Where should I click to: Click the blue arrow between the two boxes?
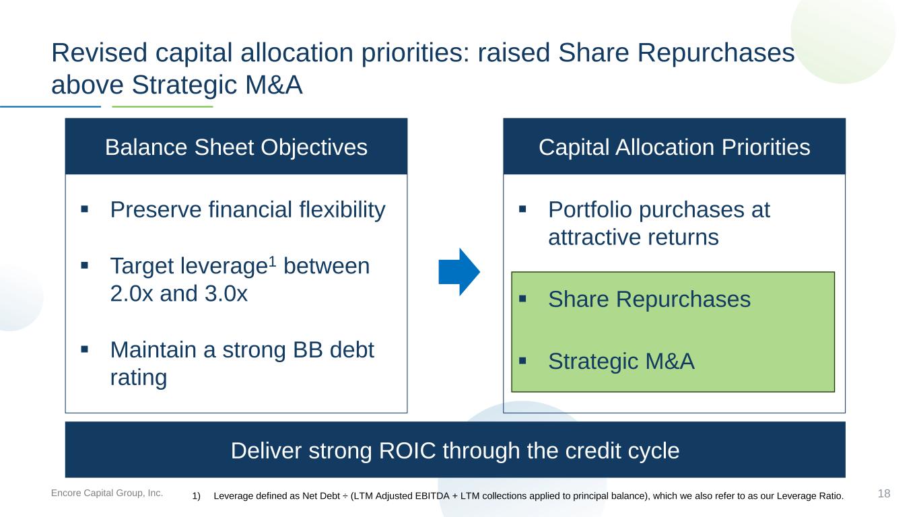click(459, 272)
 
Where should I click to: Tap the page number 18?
click(884, 493)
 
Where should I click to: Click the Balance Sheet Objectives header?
click(236, 147)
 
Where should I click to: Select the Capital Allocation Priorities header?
click(674, 147)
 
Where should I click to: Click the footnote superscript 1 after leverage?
click(272, 261)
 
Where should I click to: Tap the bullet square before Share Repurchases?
click(522, 298)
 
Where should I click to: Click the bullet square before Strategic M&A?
click(522, 361)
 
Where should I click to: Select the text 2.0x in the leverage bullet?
click(131, 294)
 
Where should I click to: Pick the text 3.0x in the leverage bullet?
click(226, 294)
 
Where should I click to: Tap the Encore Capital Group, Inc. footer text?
click(106, 493)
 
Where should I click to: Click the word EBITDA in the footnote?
click(432, 495)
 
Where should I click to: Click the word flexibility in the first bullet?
click(342, 210)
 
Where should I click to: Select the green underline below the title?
click(162, 106)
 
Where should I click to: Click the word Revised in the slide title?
click(99, 53)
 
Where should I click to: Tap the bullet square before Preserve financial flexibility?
click(85, 209)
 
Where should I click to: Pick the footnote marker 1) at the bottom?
click(196, 496)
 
